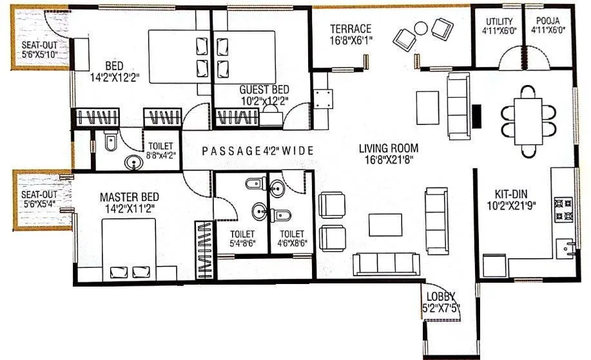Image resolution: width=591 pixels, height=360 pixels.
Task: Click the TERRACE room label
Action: (351, 28)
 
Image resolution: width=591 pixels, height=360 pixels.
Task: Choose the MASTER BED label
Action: (129, 196)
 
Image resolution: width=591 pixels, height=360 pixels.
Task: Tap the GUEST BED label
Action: (264, 90)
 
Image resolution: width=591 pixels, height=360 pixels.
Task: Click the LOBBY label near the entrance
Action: (436, 296)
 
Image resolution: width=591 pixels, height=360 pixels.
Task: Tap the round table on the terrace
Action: (421, 29)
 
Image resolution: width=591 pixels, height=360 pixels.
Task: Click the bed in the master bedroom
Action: (128, 248)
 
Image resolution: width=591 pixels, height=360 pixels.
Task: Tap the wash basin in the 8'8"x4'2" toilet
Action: (134, 162)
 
